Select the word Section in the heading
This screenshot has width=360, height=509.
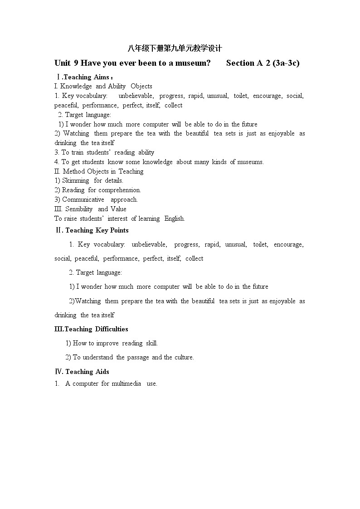pyautogui.click(x=240, y=63)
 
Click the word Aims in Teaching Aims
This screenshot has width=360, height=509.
pyautogui.click(x=101, y=77)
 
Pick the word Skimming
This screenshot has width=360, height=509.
pyautogui.click(x=76, y=180)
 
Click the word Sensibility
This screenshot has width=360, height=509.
pyautogui.click(x=79, y=209)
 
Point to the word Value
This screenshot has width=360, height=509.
pyautogui.click(x=118, y=209)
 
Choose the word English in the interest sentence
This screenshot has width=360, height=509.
pyautogui.click(x=174, y=218)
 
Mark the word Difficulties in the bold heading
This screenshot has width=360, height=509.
pyautogui.click(x=112, y=329)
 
